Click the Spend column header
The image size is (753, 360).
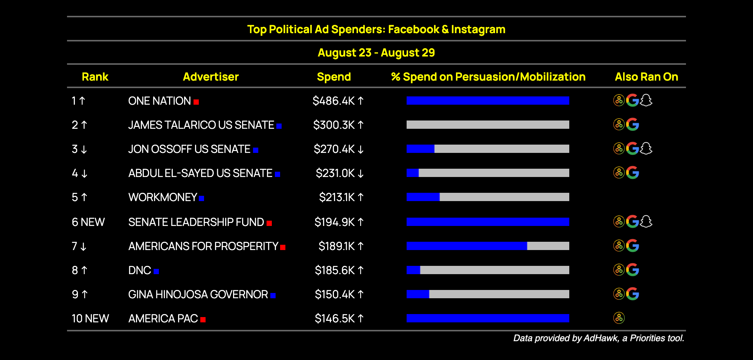pyautogui.click(x=334, y=77)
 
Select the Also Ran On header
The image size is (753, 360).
pyautogui.click(x=646, y=77)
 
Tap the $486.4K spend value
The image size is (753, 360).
pyautogui.click(x=334, y=101)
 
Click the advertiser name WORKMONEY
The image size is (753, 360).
pyautogui.click(x=163, y=197)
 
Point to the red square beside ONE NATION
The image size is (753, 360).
pyautogui.click(x=196, y=102)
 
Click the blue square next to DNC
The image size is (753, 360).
pyautogui.click(x=156, y=271)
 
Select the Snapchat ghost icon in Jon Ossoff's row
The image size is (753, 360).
pyautogui.click(x=646, y=149)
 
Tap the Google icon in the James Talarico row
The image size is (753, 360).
pyautogui.click(x=633, y=125)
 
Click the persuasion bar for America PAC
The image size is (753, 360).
pyautogui.click(x=488, y=318)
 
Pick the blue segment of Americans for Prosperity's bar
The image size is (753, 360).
pyautogui.click(x=467, y=246)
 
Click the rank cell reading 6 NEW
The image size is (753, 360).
pyautogui.click(x=88, y=222)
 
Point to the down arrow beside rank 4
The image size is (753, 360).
pyautogui.click(x=84, y=174)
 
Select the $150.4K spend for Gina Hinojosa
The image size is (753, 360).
pyautogui.click(x=335, y=294)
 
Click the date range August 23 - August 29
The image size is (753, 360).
pyautogui.click(x=376, y=53)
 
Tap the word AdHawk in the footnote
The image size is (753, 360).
pyautogui.click(x=601, y=338)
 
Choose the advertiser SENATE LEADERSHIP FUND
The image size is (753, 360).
pyautogui.click(x=196, y=222)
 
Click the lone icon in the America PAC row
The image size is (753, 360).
pyautogui.click(x=619, y=318)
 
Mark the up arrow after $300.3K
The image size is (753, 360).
pyautogui.click(x=361, y=125)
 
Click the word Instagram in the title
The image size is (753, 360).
pyautogui.click(x=478, y=29)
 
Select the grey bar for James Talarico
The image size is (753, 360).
pyautogui.click(x=488, y=125)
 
